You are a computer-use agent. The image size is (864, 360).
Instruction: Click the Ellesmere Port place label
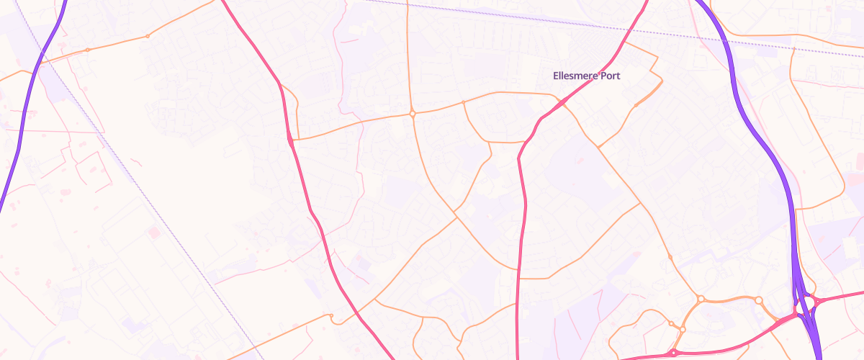[586, 76]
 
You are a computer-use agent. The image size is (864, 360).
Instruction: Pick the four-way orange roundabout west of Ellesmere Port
[412, 114]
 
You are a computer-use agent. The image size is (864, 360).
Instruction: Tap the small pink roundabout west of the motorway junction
[673, 353]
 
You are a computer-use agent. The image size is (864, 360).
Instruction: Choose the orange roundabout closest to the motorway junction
[758, 300]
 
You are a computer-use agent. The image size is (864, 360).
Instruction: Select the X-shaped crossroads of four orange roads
[455, 214]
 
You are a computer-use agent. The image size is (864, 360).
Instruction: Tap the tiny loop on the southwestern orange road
[330, 316]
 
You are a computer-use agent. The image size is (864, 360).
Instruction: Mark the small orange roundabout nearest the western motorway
[88, 50]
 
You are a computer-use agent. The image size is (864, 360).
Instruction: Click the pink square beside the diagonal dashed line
[153, 232]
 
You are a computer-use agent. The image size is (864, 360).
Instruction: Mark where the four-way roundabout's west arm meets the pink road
[292, 138]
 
